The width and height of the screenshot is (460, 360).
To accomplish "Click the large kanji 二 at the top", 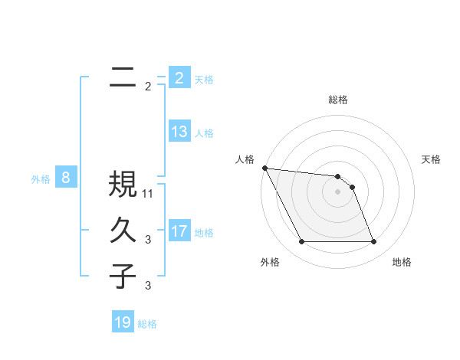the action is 123,77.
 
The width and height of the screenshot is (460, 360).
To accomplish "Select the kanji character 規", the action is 123,184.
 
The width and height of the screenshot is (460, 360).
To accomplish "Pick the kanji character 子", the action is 123,276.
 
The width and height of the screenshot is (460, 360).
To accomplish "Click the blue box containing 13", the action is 179,131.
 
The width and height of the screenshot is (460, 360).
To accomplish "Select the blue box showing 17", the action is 179,231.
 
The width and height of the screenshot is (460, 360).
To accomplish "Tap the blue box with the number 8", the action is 66,178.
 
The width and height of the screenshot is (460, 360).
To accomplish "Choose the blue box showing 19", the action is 123,322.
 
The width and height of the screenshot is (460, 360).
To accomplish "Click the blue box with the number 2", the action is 179,77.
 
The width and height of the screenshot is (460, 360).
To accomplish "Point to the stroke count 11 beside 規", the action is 148,194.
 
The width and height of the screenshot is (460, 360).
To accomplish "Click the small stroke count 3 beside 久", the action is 148,240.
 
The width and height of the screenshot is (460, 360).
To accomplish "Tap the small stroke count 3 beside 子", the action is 148,286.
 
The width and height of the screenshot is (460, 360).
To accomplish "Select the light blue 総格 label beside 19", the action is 148,324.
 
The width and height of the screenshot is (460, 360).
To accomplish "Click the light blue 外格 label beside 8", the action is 41,179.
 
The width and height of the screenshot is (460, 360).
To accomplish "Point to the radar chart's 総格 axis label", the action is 338,100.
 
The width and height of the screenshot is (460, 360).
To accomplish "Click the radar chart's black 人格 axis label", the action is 245,159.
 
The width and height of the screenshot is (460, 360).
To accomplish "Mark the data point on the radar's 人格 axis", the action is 264,168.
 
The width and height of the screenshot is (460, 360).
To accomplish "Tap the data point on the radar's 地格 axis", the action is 374,242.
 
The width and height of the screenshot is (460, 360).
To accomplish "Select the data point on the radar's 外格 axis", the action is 302,242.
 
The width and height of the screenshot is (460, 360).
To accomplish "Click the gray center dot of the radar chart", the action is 338,191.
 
